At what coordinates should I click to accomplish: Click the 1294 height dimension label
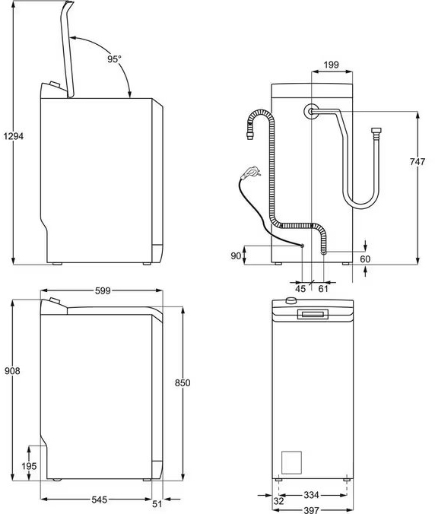(x=14, y=135)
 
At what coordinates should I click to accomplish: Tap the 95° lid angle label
(x=114, y=59)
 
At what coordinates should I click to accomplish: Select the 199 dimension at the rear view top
(x=331, y=65)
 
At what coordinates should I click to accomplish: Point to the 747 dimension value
(x=418, y=161)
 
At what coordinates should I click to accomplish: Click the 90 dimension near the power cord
(x=235, y=255)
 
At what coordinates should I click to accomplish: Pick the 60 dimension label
(x=365, y=259)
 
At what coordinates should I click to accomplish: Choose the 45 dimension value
(x=300, y=289)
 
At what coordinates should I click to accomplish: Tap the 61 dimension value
(x=323, y=289)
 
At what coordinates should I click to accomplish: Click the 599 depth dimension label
(x=103, y=290)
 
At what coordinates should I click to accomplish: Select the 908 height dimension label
(x=12, y=371)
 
